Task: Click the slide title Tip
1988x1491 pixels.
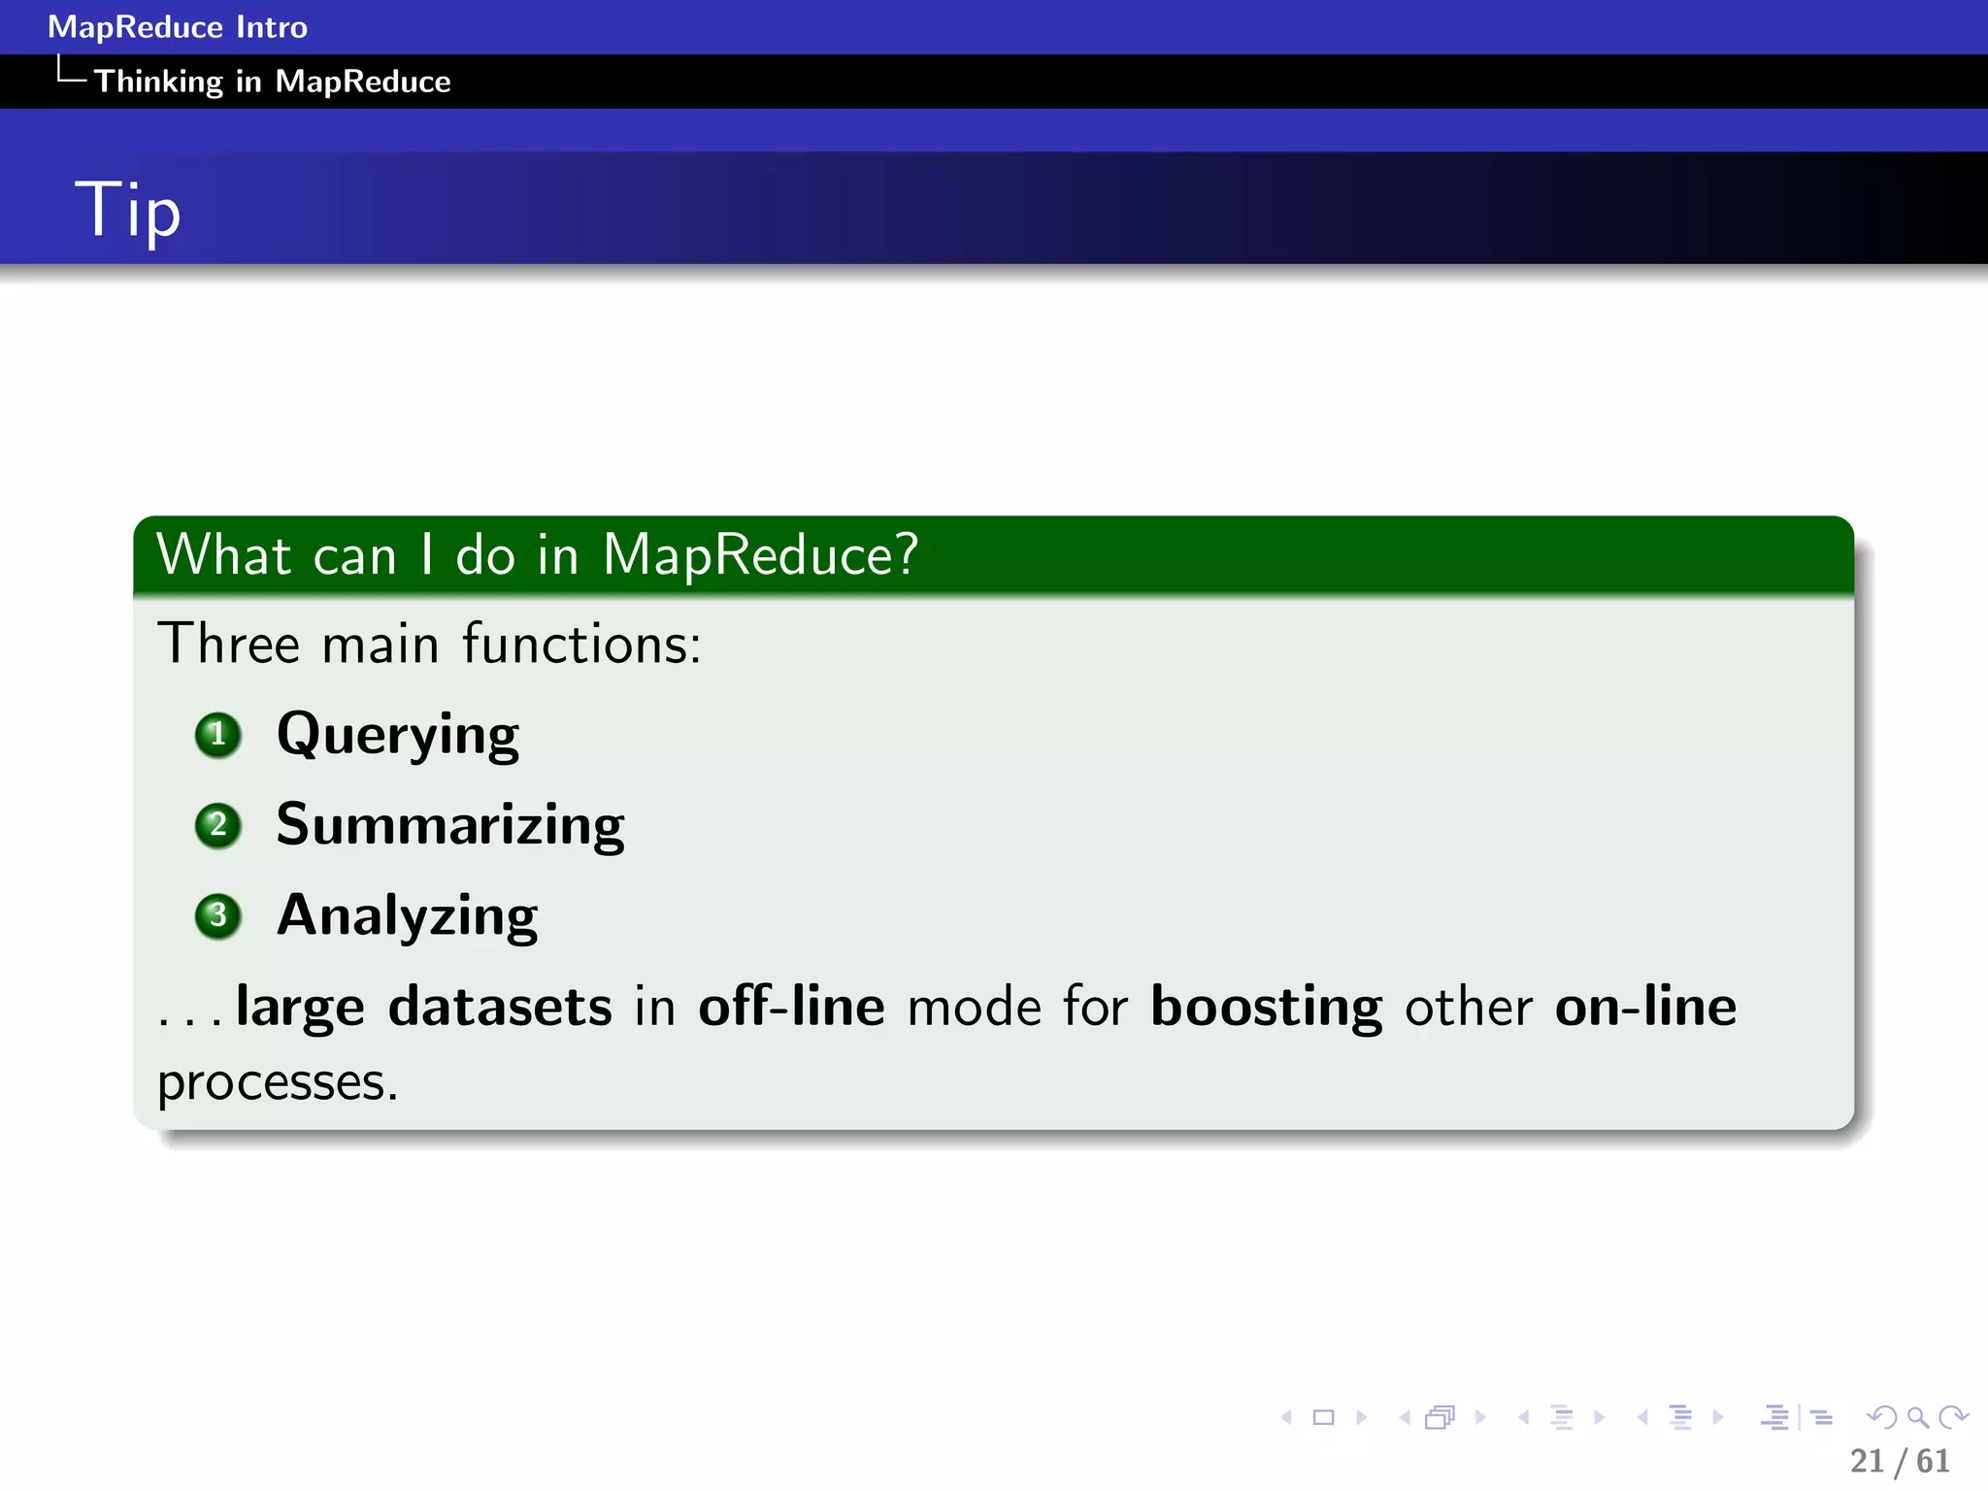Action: [127, 210]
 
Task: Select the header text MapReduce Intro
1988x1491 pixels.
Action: [178, 27]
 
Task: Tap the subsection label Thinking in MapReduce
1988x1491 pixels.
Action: [272, 82]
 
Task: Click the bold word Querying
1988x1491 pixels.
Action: [398, 734]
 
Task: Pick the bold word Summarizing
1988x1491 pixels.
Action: [450, 825]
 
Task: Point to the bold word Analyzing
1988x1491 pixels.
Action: [408, 915]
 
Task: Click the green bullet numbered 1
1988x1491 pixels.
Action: [217, 735]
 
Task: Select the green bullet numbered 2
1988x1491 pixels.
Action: [217, 826]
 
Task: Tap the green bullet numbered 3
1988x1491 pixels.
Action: [217, 916]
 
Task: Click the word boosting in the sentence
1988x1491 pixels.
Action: [1266, 1008]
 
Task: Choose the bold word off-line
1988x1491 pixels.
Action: [791, 1006]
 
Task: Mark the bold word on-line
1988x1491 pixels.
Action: [1645, 1006]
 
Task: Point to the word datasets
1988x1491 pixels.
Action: [500, 1006]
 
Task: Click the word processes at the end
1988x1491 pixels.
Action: [278, 1082]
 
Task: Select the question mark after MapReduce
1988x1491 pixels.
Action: [906, 554]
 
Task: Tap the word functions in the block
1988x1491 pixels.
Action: [580, 644]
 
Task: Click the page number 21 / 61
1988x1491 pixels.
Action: [1900, 1461]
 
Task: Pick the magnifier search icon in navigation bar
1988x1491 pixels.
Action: [1917, 1417]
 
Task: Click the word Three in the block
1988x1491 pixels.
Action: [229, 644]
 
